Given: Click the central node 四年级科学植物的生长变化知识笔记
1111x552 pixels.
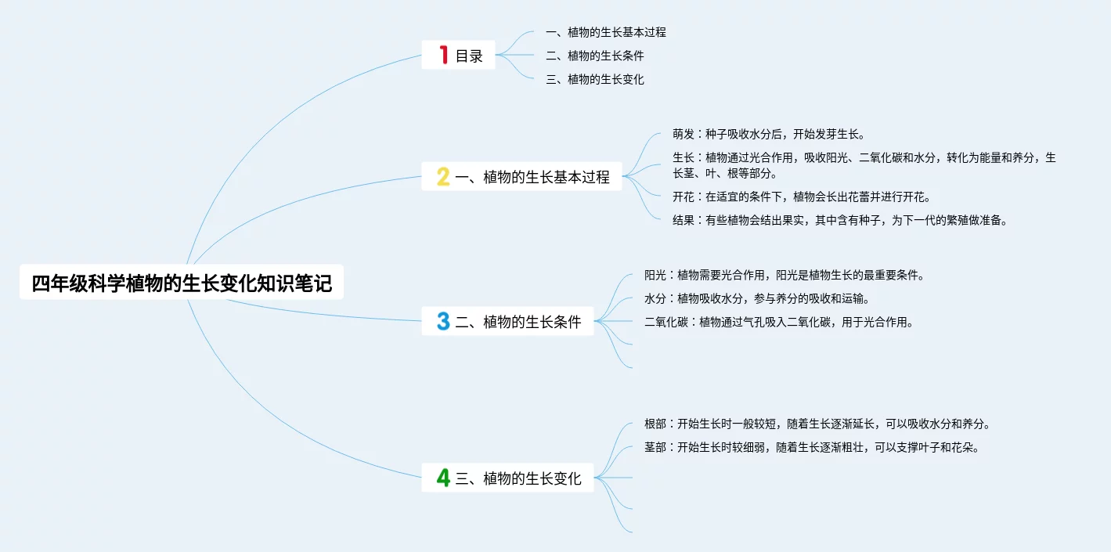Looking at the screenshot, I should tap(182, 283).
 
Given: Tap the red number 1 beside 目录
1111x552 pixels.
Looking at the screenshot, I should tap(443, 55).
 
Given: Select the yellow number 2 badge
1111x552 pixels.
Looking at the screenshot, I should tap(443, 177).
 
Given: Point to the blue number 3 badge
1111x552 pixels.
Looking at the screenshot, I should tap(443, 321).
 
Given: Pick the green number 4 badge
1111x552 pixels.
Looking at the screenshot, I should tap(443, 478).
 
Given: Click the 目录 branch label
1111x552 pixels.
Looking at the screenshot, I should tap(469, 56).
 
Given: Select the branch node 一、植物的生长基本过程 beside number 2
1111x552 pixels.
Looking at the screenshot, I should tap(532, 177).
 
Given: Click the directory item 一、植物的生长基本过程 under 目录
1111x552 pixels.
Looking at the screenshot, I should tap(605, 32).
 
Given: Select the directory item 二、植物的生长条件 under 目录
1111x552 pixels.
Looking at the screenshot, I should tap(594, 56).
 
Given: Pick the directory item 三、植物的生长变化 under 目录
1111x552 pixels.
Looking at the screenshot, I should tap(594, 79).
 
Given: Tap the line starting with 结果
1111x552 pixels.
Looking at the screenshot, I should tap(839, 220).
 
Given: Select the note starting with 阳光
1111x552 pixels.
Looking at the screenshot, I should tap(785, 275).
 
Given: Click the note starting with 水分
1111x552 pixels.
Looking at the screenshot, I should tap(757, 298).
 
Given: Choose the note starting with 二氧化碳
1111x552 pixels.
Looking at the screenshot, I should tap(779, 322).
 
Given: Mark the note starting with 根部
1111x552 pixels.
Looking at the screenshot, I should tap(817, 424).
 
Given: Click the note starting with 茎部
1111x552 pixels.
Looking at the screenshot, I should tap(812, 447).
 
